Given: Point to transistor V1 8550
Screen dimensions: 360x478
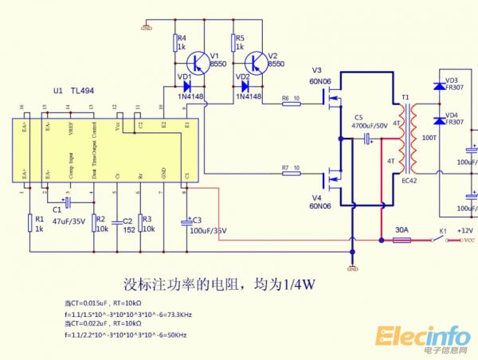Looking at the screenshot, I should pyautogui.click(x=198, y=61).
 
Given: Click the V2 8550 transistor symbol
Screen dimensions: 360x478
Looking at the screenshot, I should pyautogui.click(x=256, y=61).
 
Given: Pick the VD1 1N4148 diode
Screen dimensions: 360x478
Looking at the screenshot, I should pyautogui.click(x=186, y=86).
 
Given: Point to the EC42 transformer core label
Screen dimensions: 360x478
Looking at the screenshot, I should pyautogui.click(x=409, y=180).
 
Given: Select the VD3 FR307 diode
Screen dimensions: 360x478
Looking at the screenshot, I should pyautogui.click(x=437, y=86).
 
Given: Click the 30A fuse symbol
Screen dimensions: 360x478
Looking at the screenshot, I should pyautogui.click(x=402, y=239).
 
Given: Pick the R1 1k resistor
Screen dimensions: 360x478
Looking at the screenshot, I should pyautogui.click(x=31, y=221).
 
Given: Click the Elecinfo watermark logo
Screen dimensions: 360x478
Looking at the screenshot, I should pyautogui.click(x=423, y=338).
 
